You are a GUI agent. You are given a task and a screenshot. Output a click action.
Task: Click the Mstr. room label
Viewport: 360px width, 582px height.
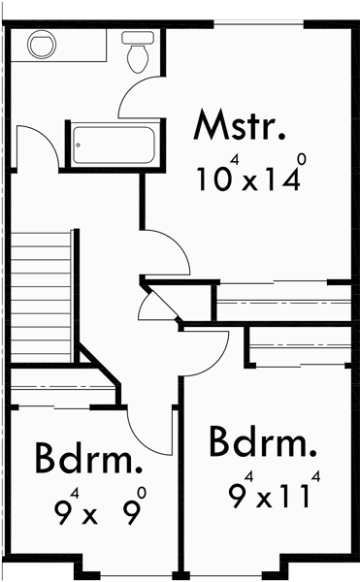pyautogui.click(x=241, y=127)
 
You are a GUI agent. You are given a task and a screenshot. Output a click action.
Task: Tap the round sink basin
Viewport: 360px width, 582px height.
pyautogui.click(x=42, y=45)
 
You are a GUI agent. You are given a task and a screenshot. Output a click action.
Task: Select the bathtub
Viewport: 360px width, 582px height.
pyautogui.click(x=114, y=145)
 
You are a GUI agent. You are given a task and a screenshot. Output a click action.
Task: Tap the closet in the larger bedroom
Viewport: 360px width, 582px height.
pyautogui.click(x=299, y=345)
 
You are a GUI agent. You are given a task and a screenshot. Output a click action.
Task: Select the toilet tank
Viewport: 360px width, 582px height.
pyautogui.click(x=137, y=37)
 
